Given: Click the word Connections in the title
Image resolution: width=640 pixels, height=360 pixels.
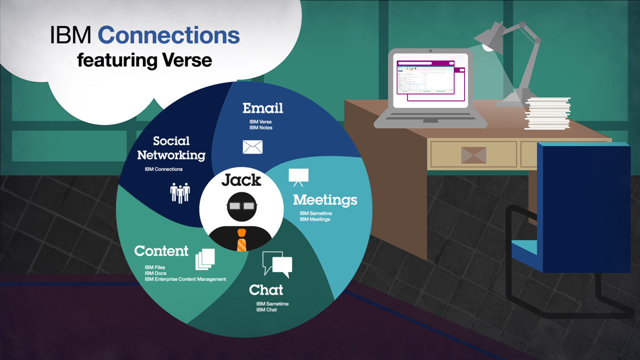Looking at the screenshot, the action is (x=169, y=35).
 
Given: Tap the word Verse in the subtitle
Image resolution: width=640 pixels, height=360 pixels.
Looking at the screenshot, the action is (x=187, y=60).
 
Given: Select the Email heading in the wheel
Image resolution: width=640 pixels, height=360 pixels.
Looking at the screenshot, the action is (x=263, y=108).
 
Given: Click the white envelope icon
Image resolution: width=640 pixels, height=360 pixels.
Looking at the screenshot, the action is (x=252, y=147).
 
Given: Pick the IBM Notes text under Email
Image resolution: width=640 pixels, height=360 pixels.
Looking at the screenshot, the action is (x=261, y=127).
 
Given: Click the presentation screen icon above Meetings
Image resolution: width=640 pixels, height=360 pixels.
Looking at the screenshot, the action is (x=298, y=177).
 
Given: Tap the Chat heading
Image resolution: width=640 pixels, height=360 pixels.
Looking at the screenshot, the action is (x=266, y=289).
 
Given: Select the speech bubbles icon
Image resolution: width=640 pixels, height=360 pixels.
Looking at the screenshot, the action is (x=277, y=264).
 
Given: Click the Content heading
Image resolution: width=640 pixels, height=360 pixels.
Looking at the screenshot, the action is (x=161, y=251).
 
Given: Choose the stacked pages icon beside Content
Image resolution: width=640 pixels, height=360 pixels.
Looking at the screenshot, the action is (x=205, y=259).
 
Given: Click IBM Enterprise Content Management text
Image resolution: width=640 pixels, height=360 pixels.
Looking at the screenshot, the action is (x=185, y=279).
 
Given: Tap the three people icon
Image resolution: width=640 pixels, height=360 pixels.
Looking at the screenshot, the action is (x=180, y=193).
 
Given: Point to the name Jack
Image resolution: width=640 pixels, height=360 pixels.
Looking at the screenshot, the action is (x=241, y=180).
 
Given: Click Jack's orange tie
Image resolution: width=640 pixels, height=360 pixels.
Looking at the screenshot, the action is (x=241, y=240).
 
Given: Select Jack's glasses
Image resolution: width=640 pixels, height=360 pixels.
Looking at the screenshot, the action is (x=241, y=205).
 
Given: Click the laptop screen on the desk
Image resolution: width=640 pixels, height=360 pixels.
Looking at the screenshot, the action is (x=430, y=80).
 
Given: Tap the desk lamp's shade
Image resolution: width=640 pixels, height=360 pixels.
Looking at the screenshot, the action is (x=489, y=37).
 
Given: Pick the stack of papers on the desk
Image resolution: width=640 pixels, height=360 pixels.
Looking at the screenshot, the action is (x=547, y=113).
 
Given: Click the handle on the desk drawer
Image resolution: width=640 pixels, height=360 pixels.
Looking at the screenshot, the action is (x=473, y=155).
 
